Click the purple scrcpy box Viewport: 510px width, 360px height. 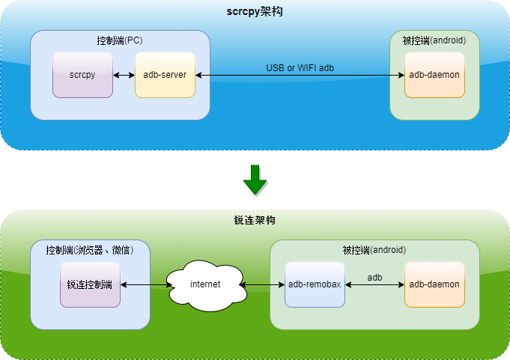pyautogui.click(x=82, y=75)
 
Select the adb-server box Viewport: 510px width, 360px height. pyautogui.click(x=165, y=75)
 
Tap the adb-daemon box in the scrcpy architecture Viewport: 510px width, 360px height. pyautogui.click(x=434, y=75)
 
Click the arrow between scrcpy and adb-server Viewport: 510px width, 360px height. pyautogui.click(x=124, y=75)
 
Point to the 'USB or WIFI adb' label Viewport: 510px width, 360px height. pyautogui.click(x=300, y=68)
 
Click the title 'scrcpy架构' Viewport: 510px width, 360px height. pyautogui.click(x=255, y=13)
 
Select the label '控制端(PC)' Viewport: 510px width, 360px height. pyautogui.click(x=120, y=40)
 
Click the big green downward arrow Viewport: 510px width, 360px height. pyautogui.click(x=255, y=180)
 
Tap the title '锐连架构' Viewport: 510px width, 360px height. pyautogui.click(x=255, y=221)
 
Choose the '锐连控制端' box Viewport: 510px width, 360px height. pyautogui.click(x=90, y=284)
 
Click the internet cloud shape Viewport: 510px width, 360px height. pyautogui.click(x=205, y=285)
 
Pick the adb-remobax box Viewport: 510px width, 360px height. pyautogui.click(x=315, y=284)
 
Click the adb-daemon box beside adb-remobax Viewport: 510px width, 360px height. pyautogui.click(x=434, y=284)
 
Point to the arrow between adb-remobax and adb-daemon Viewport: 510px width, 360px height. pyautogui.click(x=374, y=285)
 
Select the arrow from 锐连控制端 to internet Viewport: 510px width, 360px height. pyautogui.click(x=144, y=285)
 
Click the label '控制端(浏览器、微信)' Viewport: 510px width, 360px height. pyautogui.click(x=90, y=250)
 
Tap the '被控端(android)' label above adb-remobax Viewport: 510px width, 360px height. pyautogui.click(x=374, y=250)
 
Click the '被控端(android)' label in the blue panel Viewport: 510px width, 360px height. pyautogui.click(x=434, y=40)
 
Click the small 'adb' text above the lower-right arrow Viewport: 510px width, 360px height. pyautogui.click(x=374, y=277)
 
